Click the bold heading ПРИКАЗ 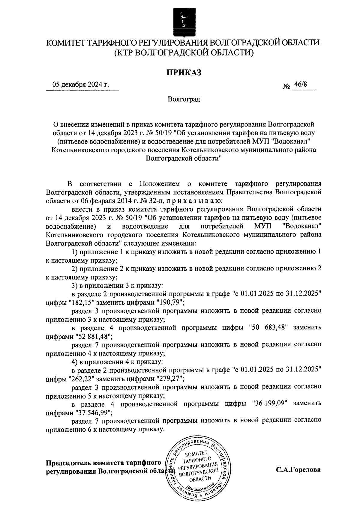click(x=184, y=72)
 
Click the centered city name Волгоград click(x=184, y=99)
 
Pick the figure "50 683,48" click(x=268, y=327)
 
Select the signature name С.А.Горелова click(x=298, y=470)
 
